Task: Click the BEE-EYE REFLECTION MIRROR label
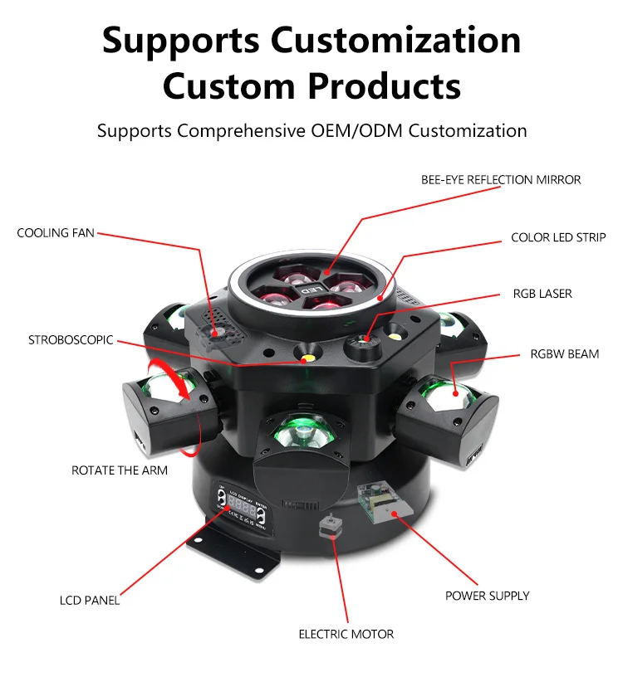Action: [501, 179]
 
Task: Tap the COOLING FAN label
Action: [56, 233]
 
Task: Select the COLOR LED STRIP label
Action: [558, 238]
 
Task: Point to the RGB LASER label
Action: [542, 294]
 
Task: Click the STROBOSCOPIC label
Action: [71, 340]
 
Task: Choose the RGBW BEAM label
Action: [565, 354]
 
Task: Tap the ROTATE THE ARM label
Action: [120, 470]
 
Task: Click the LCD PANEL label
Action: [90, 600]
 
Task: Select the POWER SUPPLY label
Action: [487, 596]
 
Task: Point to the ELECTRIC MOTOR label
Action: [346, 634]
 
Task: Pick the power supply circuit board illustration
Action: [376, 500]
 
